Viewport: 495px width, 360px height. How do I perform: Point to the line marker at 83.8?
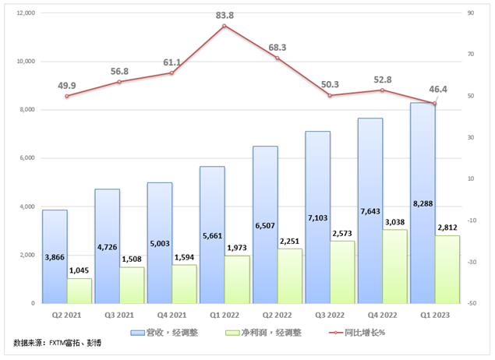click(225, 26)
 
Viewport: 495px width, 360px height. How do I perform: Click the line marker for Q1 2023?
click(434, 103)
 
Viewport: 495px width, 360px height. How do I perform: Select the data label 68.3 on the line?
click(277, 48)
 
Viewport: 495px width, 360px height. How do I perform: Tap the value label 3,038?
click(394, 221)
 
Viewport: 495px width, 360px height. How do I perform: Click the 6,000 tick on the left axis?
click(28, 158)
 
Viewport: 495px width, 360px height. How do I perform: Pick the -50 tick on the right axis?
click(472, 303)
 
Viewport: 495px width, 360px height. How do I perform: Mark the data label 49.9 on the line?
click(67, 85)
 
